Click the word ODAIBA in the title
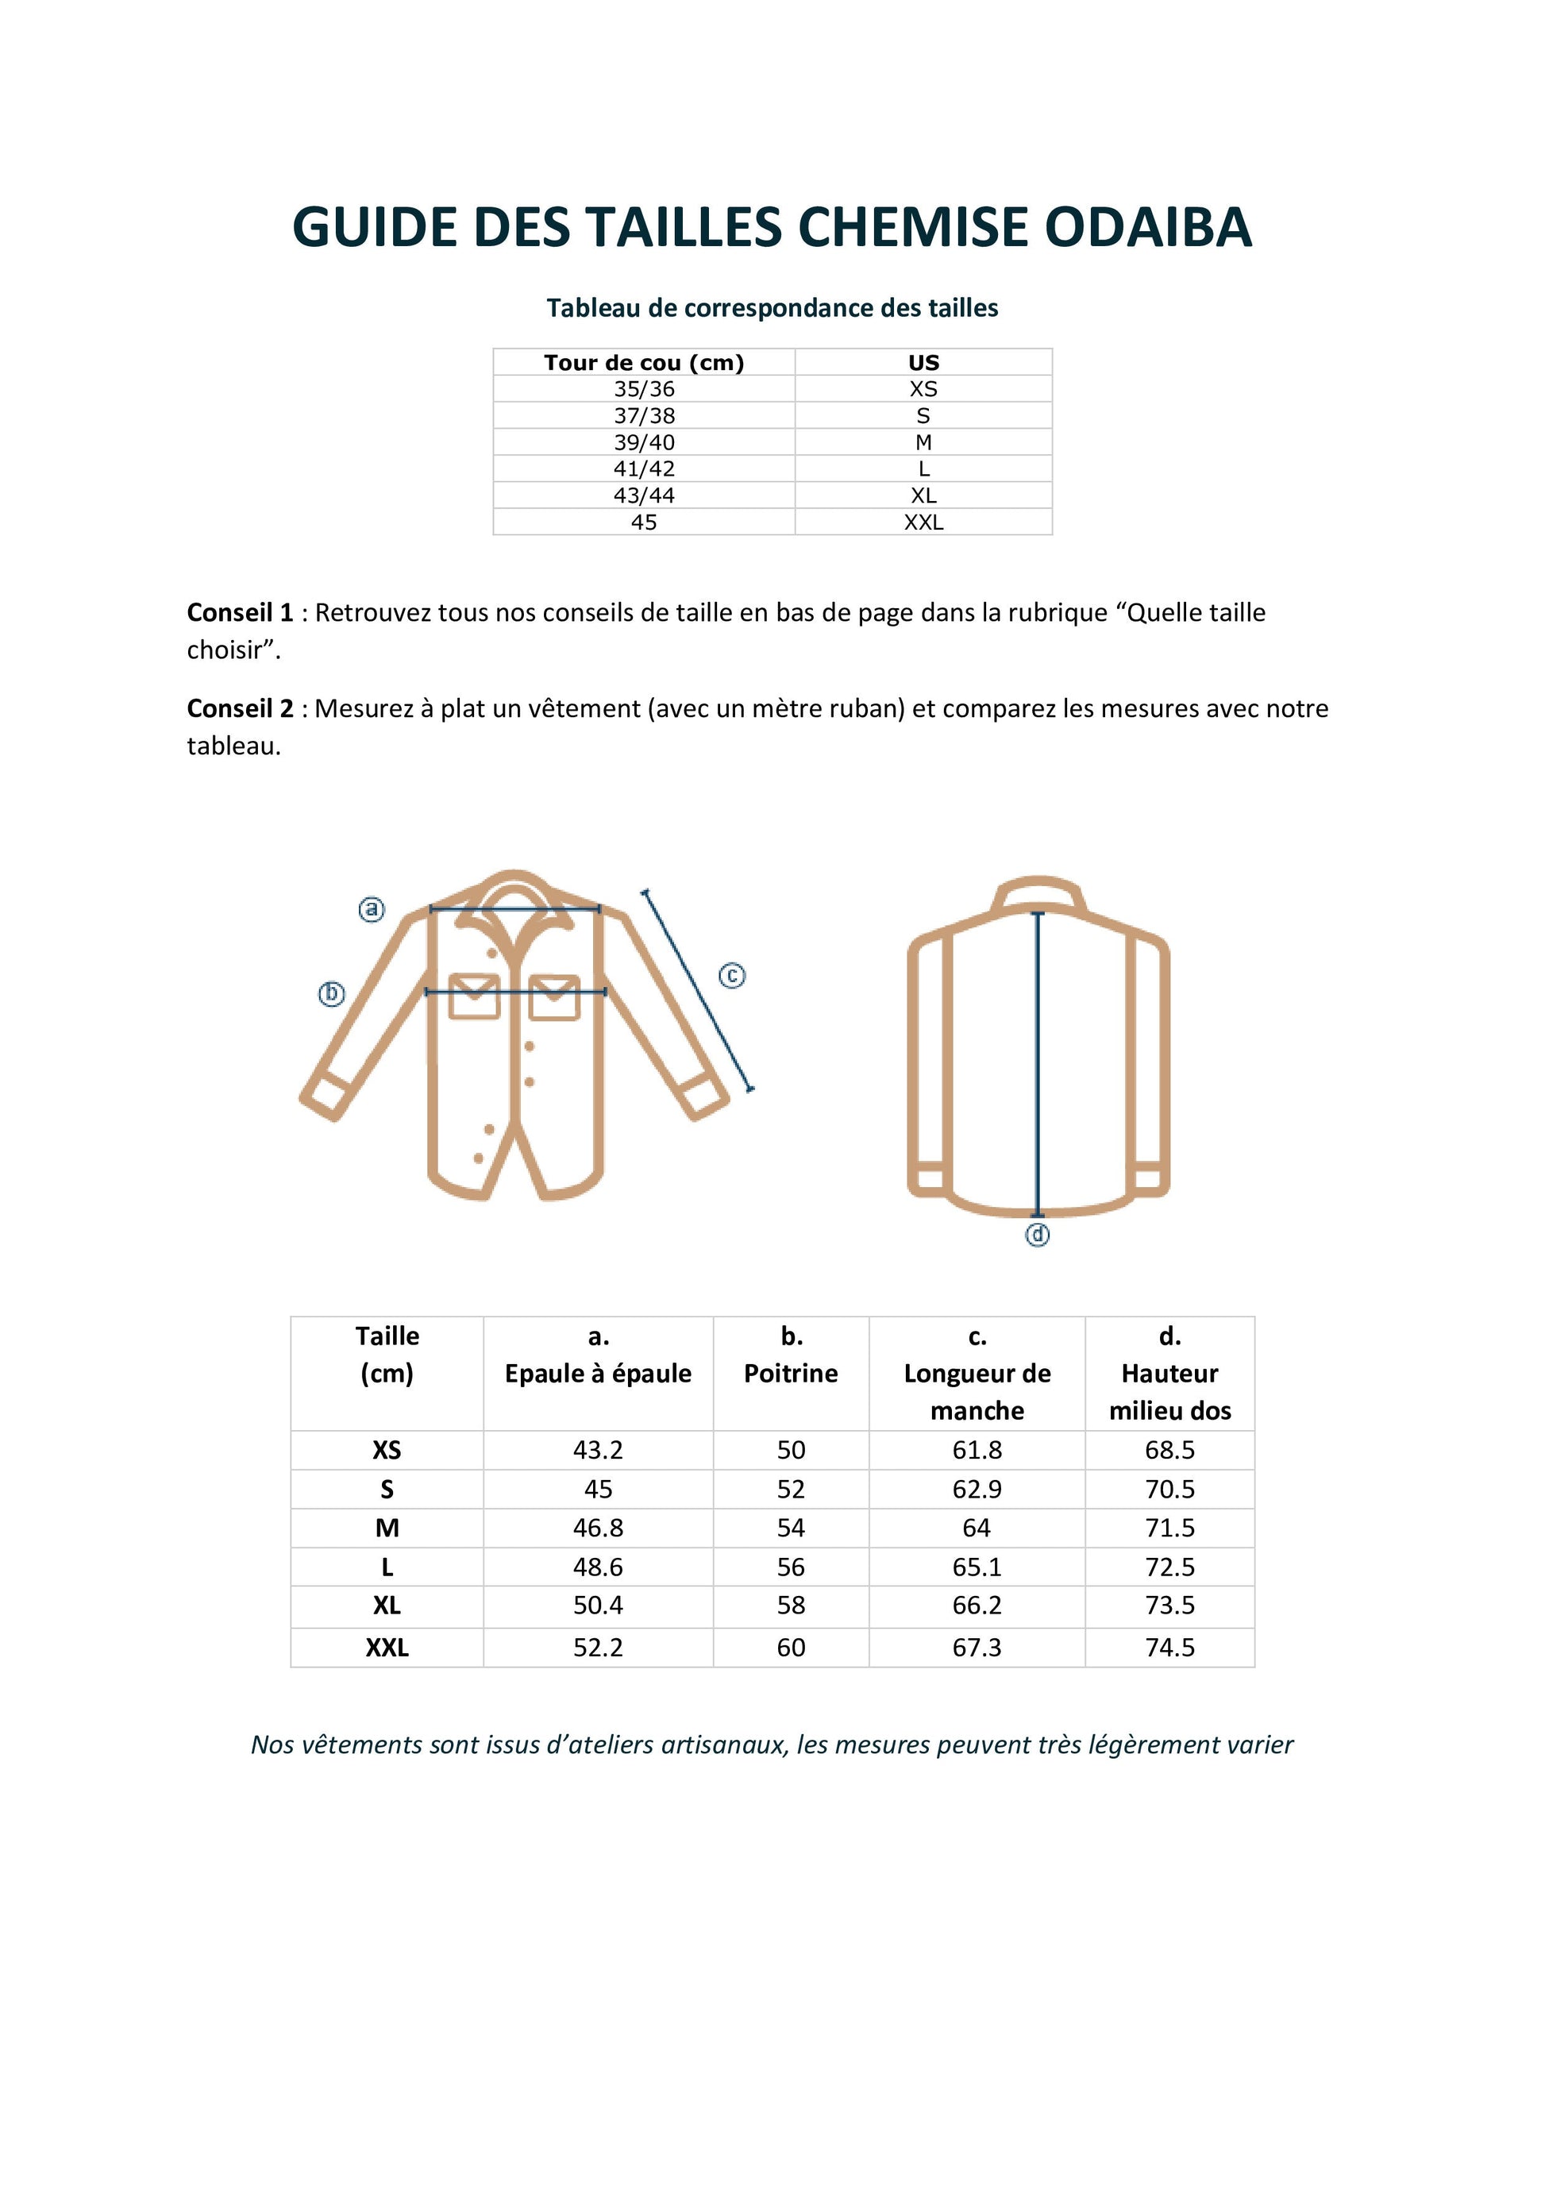[1147, 228]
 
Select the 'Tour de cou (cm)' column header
[644, 363]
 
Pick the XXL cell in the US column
[923, 522]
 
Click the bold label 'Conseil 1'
[240, 613]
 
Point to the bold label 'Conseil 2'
[240, 709]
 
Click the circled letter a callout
[372, 909]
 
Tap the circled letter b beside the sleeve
[331, 994]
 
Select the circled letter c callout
[731, 976]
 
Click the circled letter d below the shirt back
[1037, 1235]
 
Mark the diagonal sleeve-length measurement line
[698, 990]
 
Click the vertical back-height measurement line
[1038, 1066]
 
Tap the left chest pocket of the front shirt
[473, 996]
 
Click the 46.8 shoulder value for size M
[598, 1528]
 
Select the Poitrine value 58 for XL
[790, 1606]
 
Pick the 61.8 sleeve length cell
[977, 1450]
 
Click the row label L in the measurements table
[387, 1567]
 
